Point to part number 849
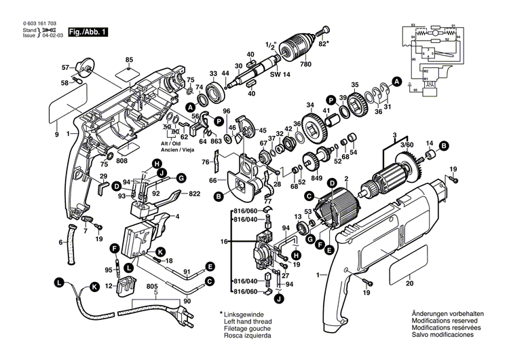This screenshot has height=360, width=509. point(316,179)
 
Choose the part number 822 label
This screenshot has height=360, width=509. point(194,194)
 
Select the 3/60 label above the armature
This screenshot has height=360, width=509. point(407,145)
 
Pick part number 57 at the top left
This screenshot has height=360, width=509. point(65,68)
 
